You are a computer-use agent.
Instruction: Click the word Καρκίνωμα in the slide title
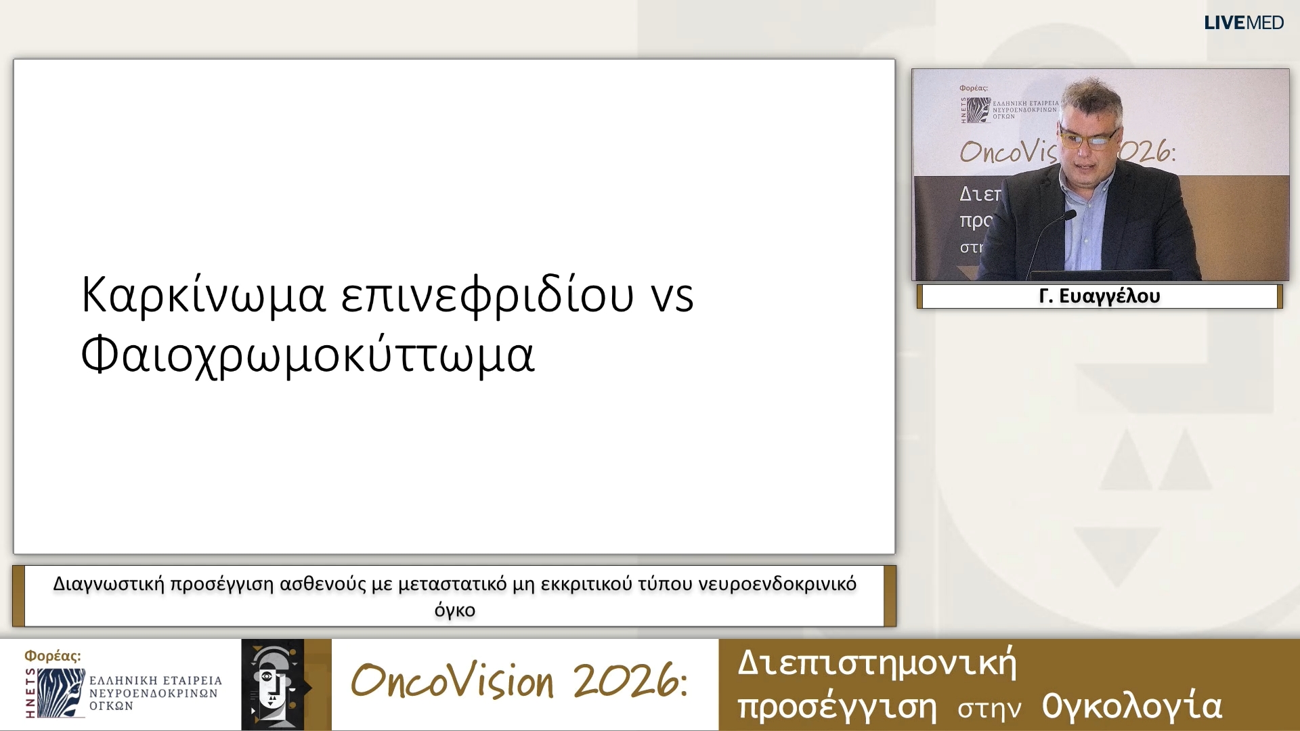[203, 295]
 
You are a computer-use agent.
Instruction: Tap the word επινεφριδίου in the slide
[487, 295]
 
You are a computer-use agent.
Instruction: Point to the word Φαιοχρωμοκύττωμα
[308, 355]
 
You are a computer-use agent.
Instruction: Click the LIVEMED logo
[1244, 22]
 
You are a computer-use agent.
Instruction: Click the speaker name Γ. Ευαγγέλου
[1099, 296]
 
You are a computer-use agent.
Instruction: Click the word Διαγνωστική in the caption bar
[108, 584]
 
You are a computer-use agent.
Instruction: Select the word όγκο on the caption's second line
[455, 610]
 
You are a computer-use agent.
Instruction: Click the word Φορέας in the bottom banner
[52, 656]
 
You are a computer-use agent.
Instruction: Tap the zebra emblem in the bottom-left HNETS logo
[61, 692]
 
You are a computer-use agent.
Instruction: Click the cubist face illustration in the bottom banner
[273, 684]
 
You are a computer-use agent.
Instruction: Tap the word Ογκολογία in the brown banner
[1131, 707]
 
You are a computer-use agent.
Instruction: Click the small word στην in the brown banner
[989, 709]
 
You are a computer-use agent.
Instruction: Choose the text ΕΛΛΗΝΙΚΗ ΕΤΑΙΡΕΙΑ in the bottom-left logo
[156, 680]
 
